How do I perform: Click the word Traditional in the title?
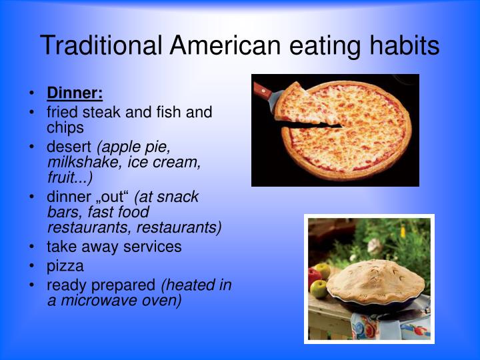click(x=101, y=45)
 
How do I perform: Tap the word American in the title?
click(x=225, y=45)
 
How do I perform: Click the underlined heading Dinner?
click(x=75, y=93)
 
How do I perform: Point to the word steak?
click(x=101, y=112)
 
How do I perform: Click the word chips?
click(x=65, y=127)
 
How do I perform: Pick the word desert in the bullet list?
click(x=69, y=147)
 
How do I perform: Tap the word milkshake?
click(x=83, y=162)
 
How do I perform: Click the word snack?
click(x=177, y=197)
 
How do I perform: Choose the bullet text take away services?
click(x=114, y=247)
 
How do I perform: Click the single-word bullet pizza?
click(x=65, y=266)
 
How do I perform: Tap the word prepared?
click(x=123, y=285)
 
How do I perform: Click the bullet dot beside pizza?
click(x=31, y=265)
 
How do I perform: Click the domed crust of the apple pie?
click(x=375, y=281)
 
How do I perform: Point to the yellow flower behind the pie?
click(x=403, y=231)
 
